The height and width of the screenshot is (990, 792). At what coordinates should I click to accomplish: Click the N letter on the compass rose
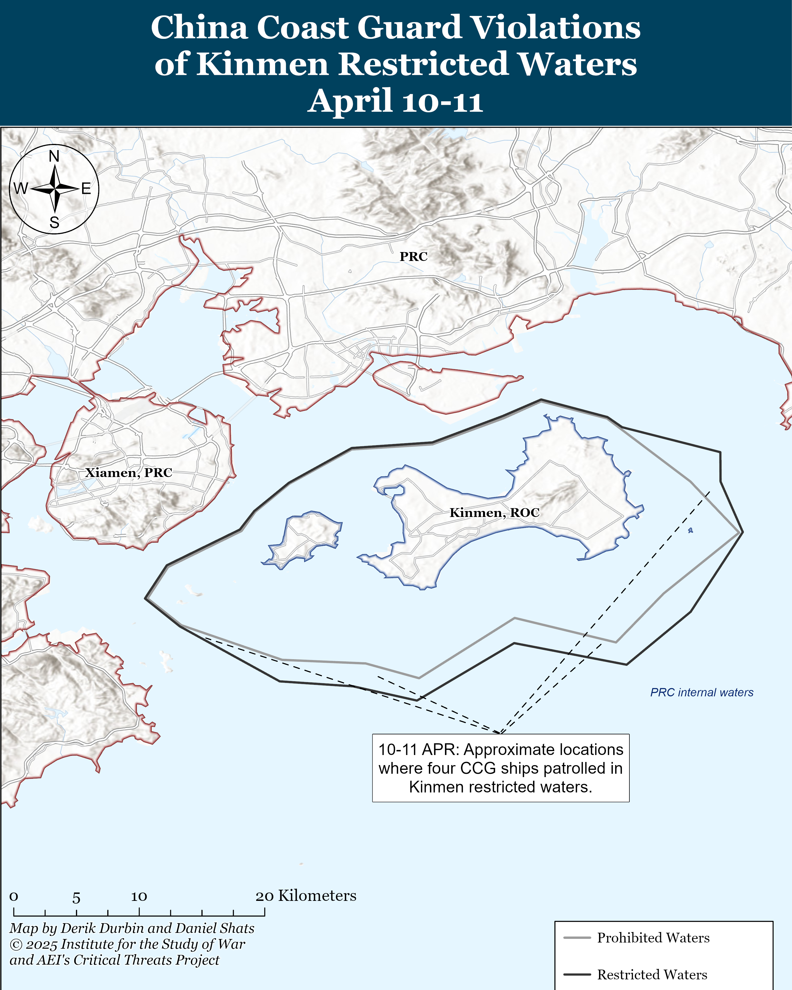pos(54,156)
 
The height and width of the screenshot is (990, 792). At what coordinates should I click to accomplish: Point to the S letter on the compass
pos(54,223)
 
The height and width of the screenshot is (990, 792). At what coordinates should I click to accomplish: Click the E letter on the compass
pos(86,189)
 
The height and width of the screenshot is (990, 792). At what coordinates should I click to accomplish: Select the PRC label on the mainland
pos(413,256)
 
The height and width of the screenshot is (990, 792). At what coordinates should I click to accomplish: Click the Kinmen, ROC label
pos(494,512)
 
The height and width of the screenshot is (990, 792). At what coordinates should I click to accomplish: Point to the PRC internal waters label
pos(701,692)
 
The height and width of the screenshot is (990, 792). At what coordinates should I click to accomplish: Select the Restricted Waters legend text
pos(652,974)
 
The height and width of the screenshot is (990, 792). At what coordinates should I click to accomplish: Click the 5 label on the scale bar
pos(76,898)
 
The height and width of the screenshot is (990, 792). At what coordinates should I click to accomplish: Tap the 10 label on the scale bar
pos(139,896)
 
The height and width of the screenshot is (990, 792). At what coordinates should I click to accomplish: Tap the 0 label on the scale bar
pos(14,896)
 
